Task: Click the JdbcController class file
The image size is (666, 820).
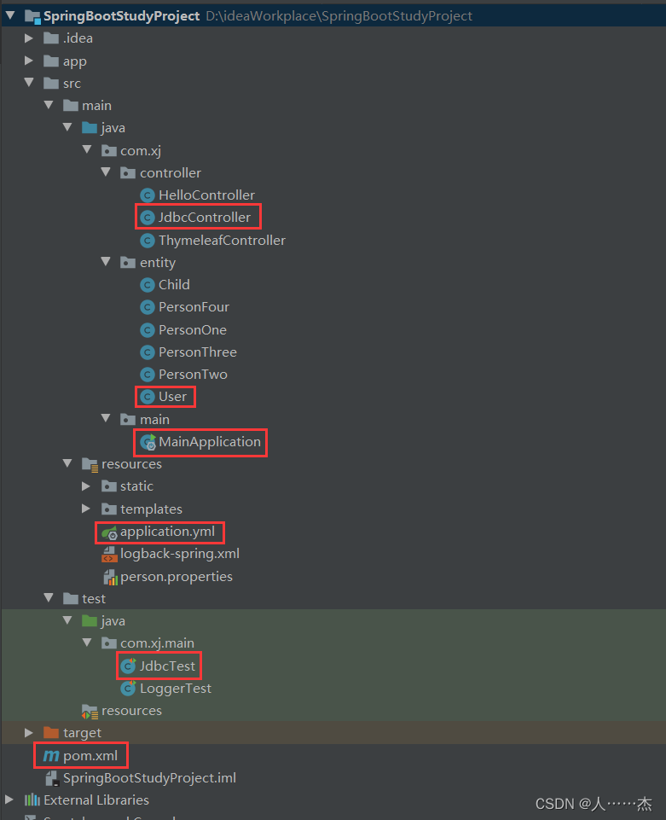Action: [205, 218]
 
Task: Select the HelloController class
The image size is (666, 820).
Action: [206, 195]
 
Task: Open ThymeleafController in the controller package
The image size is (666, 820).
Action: [222, 241]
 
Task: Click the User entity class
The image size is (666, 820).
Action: [172, 397]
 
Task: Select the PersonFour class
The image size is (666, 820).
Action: [194, 307]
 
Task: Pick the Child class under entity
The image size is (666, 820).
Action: [174, 285]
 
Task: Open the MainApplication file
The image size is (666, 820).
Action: [209, 442]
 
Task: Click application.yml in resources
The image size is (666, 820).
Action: [167, 532]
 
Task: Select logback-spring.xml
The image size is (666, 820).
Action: [179, 554]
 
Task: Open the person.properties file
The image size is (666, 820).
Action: [176, 577]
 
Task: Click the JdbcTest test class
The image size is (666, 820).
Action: [167, 666]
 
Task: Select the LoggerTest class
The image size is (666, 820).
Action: [175, 689]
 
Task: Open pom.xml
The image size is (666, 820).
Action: [90, 756]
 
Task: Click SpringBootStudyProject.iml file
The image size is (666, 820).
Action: [149, 778]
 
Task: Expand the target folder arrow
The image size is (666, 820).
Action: [29, 733]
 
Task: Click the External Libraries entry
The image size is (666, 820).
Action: [96, 800]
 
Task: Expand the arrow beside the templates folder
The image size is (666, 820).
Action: [86, 509]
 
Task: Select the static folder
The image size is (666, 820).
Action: [136, 486]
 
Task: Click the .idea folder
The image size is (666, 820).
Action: [78, 38]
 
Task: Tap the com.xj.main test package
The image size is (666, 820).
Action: [158, 643]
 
